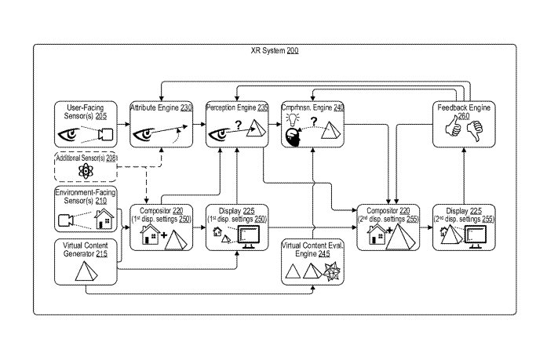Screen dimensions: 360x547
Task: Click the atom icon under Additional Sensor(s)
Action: pos(83,170)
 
